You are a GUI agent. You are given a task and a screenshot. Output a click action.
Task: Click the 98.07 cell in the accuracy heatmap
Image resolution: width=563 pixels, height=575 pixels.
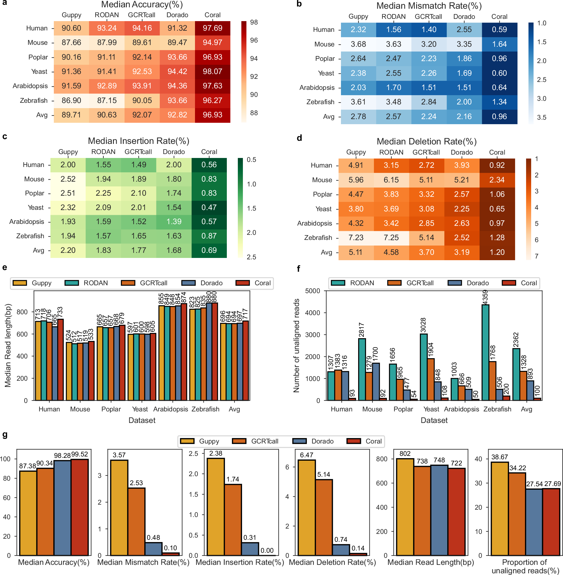pyautogui.click(x=212, y=72)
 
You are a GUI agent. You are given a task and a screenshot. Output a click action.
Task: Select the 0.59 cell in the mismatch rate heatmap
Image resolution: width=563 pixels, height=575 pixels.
pyautogui.click(x=499, y=30)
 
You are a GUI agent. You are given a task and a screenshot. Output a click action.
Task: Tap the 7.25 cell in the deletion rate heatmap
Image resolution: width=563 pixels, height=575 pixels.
pyautogui.click(x=391, y=238)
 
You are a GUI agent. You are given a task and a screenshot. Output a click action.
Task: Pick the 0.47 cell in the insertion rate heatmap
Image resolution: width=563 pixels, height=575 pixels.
pyautogui.click(x=209, y=208)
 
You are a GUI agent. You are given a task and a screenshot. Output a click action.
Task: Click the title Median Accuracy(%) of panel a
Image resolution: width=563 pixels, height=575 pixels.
pyautogui.click(x=142, y=5)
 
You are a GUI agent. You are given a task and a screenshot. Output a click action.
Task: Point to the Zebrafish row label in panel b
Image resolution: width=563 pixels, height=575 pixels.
pyautogui.click(x=320, y=102)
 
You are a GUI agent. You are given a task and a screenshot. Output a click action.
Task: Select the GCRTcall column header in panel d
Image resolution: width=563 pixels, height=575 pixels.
pyautogui.click(x=426, y=152)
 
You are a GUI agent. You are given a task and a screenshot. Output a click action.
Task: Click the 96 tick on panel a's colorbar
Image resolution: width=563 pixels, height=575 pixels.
pyautogui.click(x=254, y=40)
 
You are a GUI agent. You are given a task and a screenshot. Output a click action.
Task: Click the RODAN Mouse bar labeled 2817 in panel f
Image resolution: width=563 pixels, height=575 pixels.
pyautogui.click(x=362, y=369)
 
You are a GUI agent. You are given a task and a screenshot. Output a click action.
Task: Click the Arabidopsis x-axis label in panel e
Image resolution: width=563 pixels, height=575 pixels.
pyautogui.click(x=170, y=409)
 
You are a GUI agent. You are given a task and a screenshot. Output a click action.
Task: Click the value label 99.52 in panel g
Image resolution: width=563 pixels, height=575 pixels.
pyautogui.click(x=79, y=454)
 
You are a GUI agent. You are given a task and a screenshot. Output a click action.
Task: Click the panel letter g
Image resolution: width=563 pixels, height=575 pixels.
pyautogui.click(x=5, y=435)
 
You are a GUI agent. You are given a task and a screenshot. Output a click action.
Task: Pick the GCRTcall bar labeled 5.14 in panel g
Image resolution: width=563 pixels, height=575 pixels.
pyautogui.click(x=324, y=517)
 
